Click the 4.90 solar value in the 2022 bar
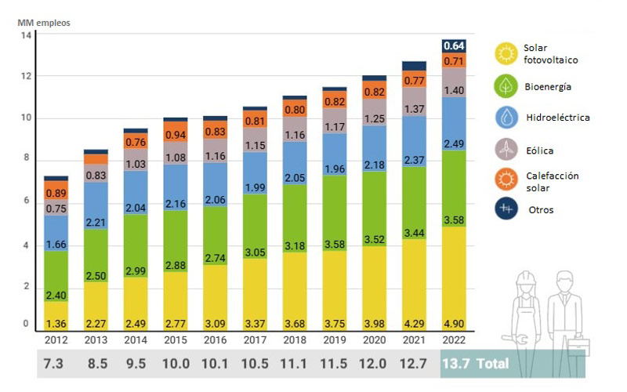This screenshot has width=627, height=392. [x=455, y=322]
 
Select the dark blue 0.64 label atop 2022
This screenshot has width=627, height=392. [x=455, y=45]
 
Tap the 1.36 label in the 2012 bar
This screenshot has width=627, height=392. [x=56, y=322]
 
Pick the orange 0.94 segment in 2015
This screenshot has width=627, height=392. [x=176, y=135]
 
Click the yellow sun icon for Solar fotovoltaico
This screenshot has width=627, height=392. [x=506, y=53]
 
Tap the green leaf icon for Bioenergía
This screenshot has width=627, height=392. [x=506, y=85]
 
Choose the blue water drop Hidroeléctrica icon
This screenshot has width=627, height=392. [x=506, y=117]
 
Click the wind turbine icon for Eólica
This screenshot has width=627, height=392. [x=506, y=148]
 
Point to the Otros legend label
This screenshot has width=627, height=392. [x=541, y=210]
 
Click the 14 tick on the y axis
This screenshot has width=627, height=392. [x=26, y=35]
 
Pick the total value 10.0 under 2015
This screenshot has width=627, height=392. [x=176, y=364]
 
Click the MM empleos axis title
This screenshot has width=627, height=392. [x=45, y=22]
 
